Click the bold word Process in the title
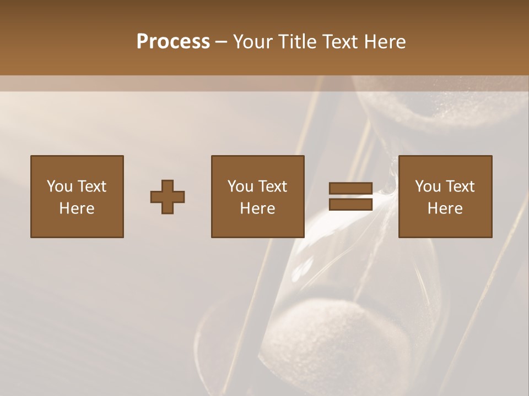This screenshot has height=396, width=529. coord(173,41)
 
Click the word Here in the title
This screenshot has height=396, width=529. coord(386,41)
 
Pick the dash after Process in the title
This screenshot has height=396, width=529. coord(222,42)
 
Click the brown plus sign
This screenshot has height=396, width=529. coord(168,197)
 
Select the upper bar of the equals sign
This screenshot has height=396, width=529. coord(350,188)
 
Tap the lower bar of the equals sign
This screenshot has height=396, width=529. coord(350,205)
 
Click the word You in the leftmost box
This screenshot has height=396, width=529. coord(60,186)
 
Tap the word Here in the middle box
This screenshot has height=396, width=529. coord(257,208)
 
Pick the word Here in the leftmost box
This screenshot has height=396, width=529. coord(77,208)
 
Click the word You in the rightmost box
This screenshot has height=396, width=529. coord(428,186)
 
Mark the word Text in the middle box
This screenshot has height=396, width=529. coord(273,186)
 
